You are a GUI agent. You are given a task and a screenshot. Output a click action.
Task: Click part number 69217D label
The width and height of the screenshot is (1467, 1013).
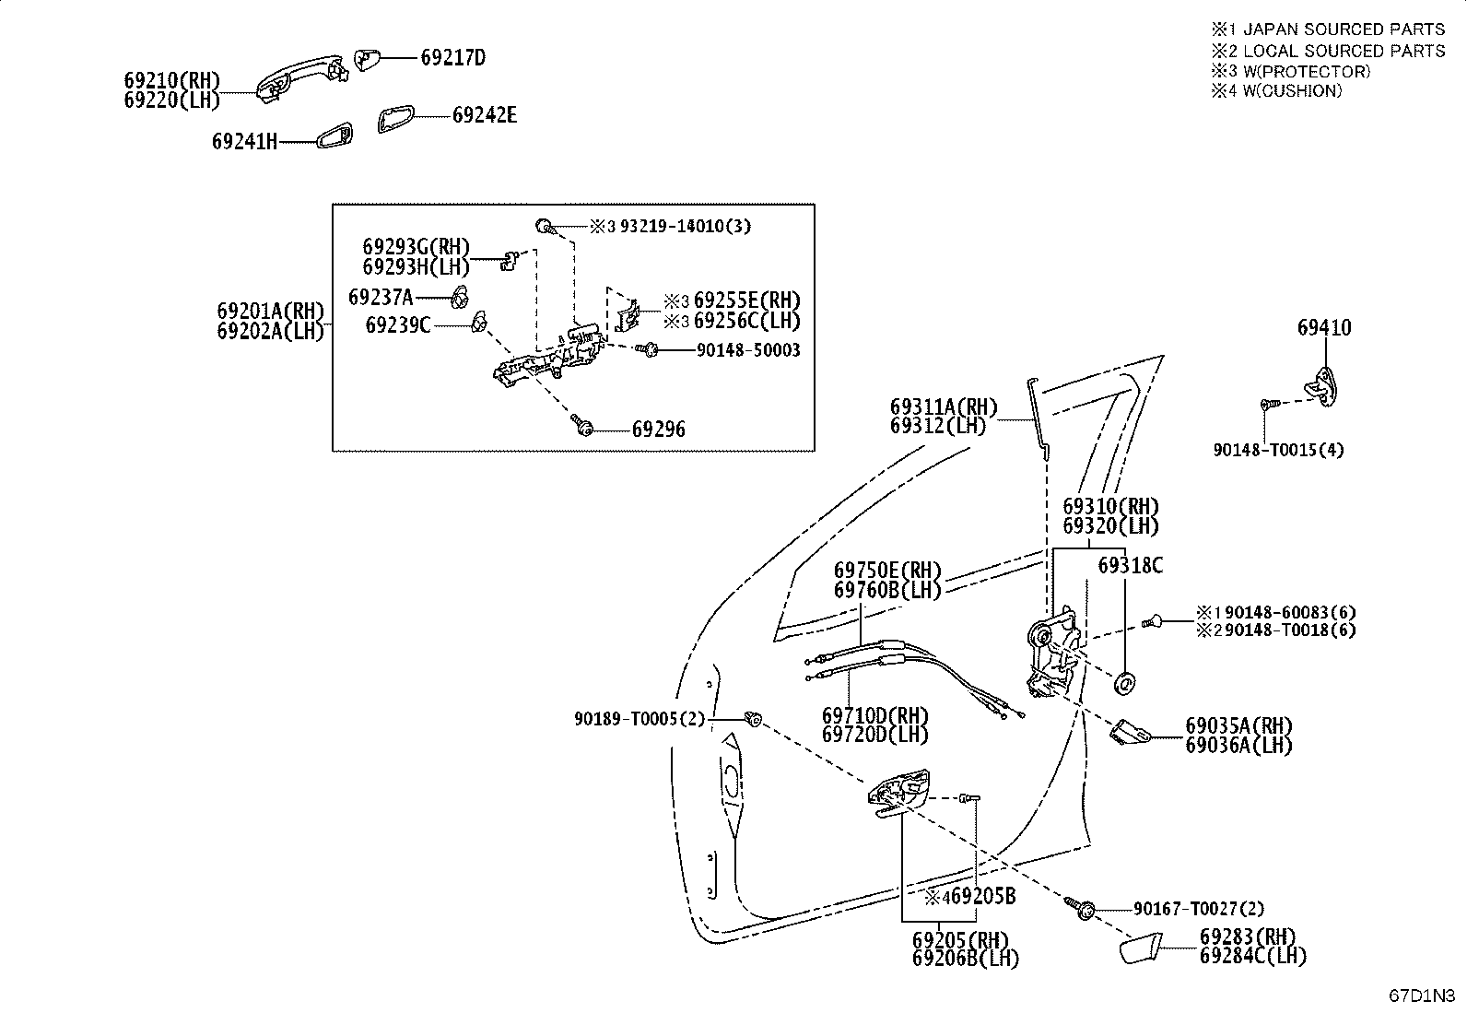[x=453, y=58]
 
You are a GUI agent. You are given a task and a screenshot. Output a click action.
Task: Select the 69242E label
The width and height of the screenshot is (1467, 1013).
[x=485, y=115]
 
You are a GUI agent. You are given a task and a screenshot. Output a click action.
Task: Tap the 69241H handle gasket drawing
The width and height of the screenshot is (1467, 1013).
[x=334, y=135]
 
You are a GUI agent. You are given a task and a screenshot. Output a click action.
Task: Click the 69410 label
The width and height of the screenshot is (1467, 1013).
[x=1324, y=327]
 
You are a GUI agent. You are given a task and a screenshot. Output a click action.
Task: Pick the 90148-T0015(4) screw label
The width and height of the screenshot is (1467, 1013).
[x=1278, y=450]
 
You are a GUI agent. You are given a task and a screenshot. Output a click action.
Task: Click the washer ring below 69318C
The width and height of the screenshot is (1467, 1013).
[x=1124, y=683]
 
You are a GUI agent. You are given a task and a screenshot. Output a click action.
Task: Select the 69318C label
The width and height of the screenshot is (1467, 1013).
[x=1131, y=565]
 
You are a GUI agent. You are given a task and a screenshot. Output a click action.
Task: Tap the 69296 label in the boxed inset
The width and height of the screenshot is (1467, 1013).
[x=659, y=430]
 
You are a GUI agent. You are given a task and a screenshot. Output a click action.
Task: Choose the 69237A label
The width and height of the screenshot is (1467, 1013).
[x=381, y=298]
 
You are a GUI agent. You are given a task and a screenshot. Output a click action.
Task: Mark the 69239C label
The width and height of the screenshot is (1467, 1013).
[x=398, y=325]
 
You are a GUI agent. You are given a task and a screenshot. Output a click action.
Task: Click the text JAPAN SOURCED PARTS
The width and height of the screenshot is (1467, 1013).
[x=1344, y=29]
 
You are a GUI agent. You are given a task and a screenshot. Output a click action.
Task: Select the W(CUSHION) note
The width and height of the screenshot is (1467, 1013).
[x=1293, y=91]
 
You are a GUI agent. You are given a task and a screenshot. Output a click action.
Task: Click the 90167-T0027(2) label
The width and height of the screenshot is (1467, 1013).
[x=1199, y=909]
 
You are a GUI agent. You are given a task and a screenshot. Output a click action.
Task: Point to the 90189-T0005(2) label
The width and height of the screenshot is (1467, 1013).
[x=640, y=720]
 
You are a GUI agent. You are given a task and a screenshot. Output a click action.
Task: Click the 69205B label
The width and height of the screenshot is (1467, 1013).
[x=983, y=896]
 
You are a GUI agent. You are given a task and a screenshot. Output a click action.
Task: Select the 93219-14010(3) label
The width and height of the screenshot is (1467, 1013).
[x=686, y=226]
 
